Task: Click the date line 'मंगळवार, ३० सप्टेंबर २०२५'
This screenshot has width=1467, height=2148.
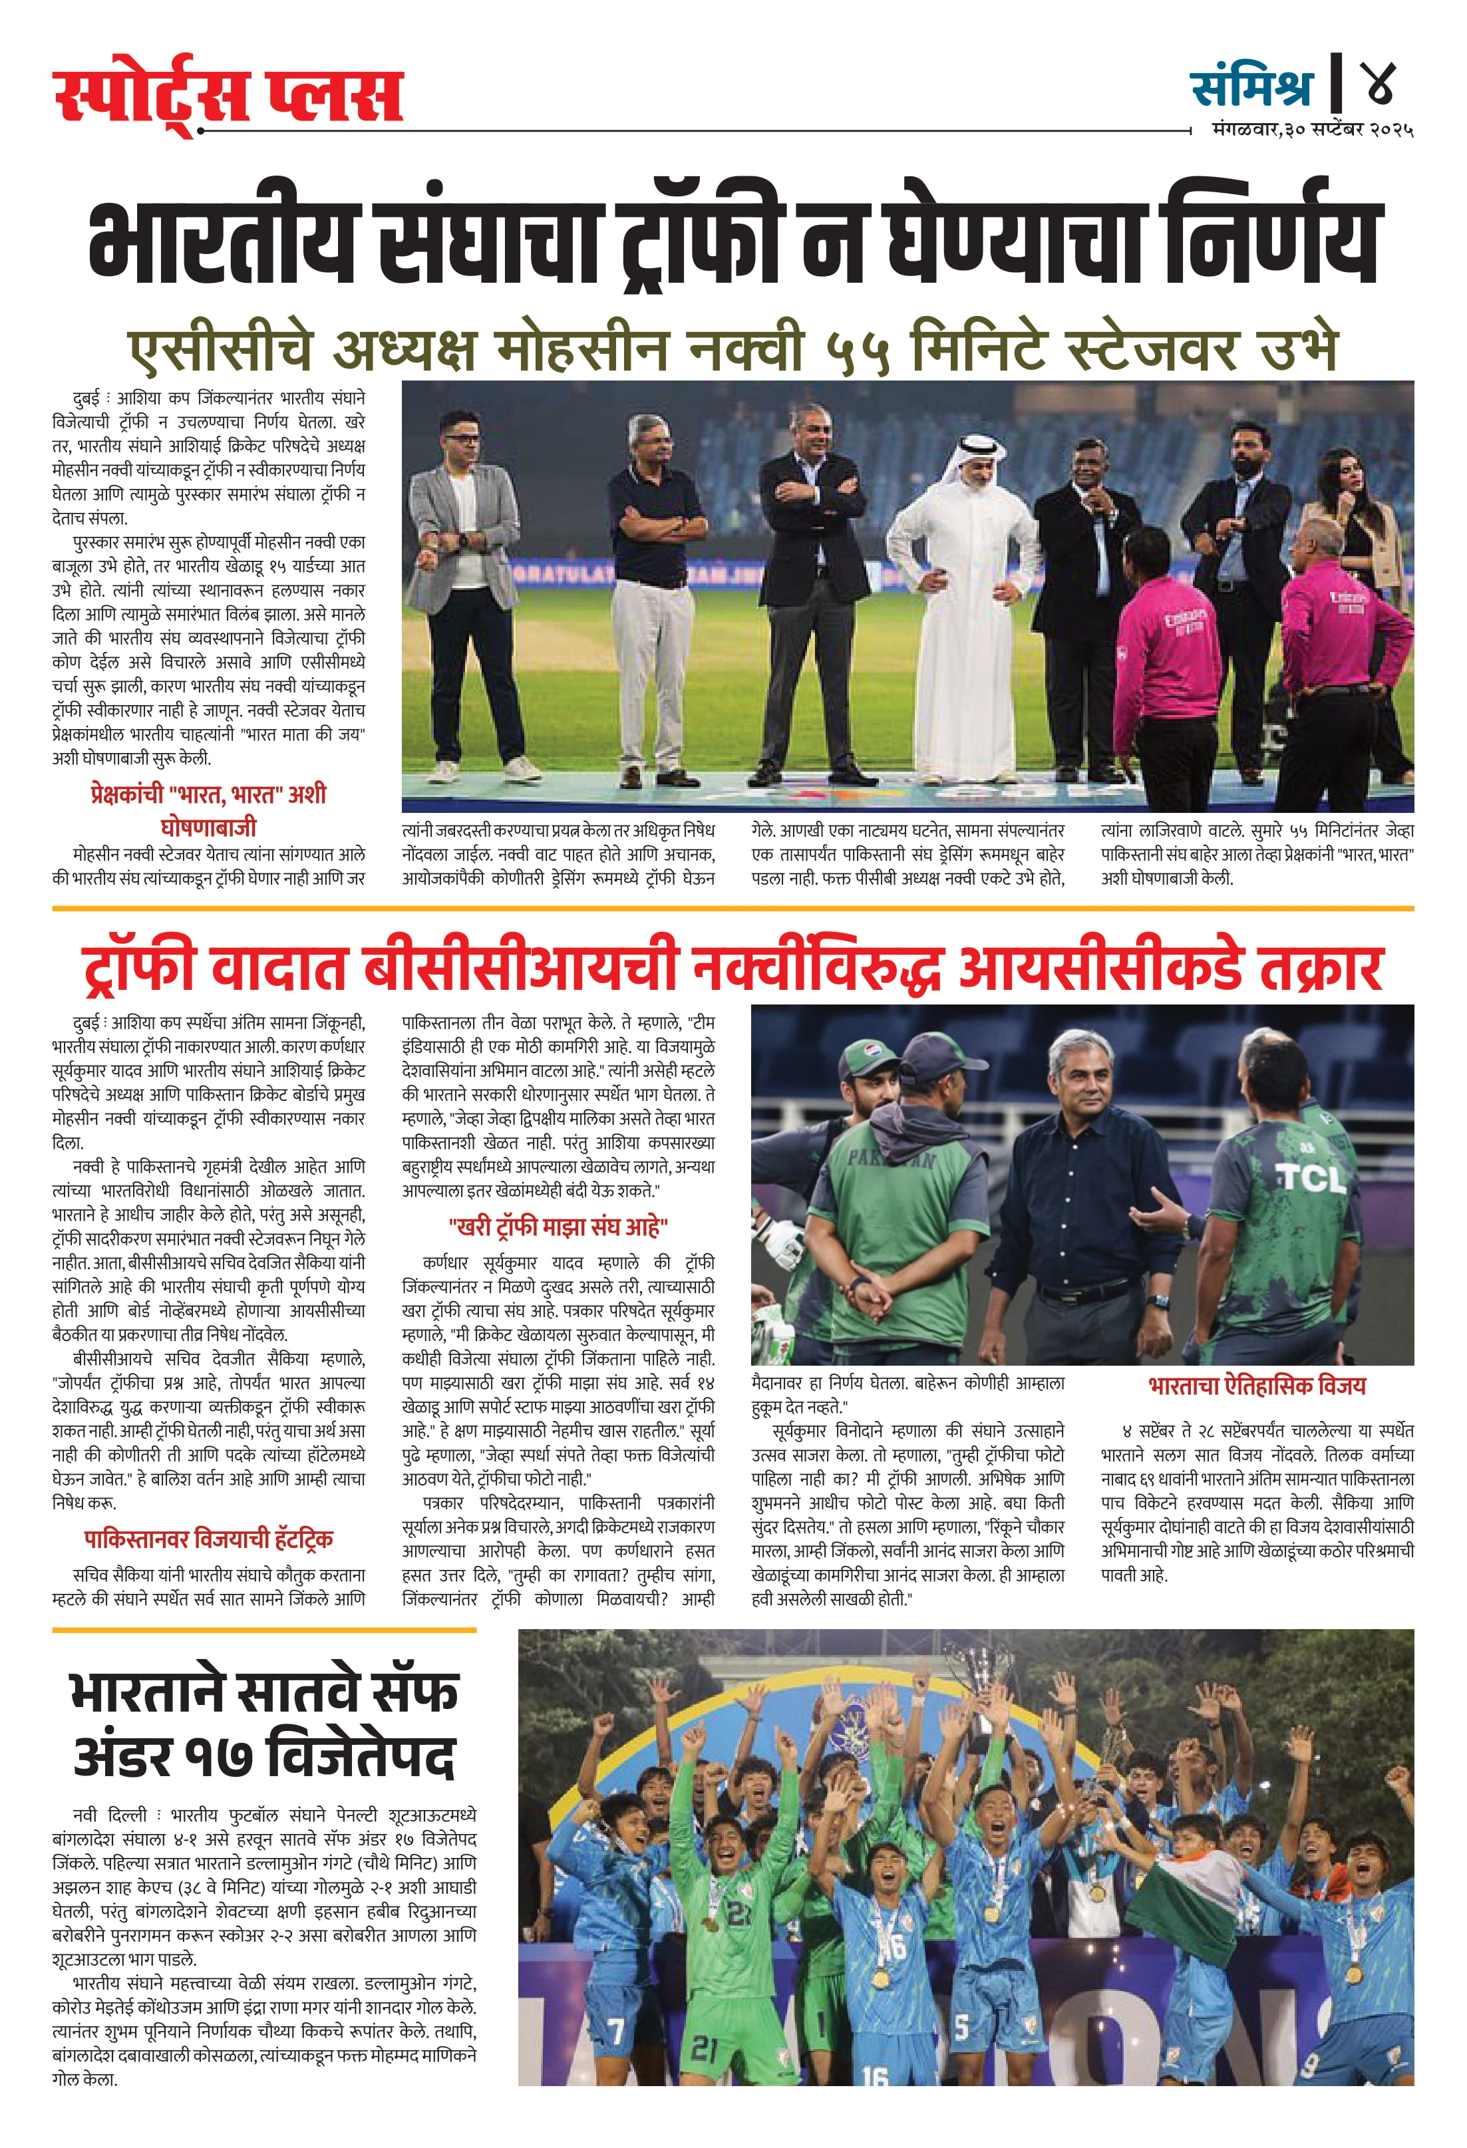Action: tap(1313, 130)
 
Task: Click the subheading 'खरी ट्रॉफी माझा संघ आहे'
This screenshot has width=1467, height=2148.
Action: tap(558, 1227)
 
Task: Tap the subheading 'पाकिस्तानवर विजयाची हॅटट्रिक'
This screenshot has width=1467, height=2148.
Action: tap(208, 1539)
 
